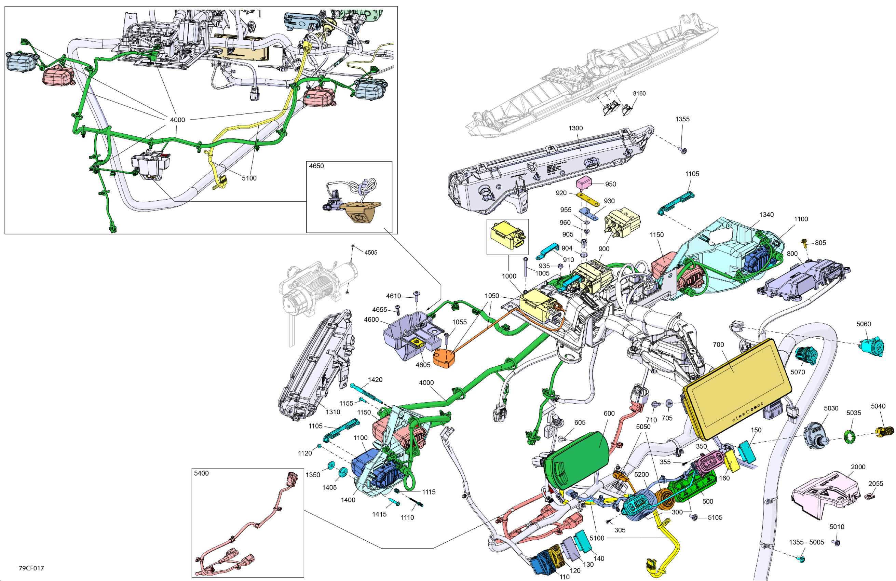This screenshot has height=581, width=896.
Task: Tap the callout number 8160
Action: coord(639,93)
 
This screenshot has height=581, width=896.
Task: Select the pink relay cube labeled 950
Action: coord(584,184)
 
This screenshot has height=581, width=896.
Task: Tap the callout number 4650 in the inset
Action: coord(316,166)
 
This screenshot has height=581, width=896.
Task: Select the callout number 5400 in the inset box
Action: coord(201,473)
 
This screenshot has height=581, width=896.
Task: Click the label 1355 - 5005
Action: coord(806,542)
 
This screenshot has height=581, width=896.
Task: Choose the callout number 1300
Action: coord(575,128)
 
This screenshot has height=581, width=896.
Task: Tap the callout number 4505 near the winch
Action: coord(370,252)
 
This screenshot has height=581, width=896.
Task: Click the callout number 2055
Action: coord(876,484)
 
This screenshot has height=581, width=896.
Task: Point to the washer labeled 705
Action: coord(669,404)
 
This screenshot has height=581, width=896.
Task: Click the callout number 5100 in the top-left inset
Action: coord(249,178)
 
